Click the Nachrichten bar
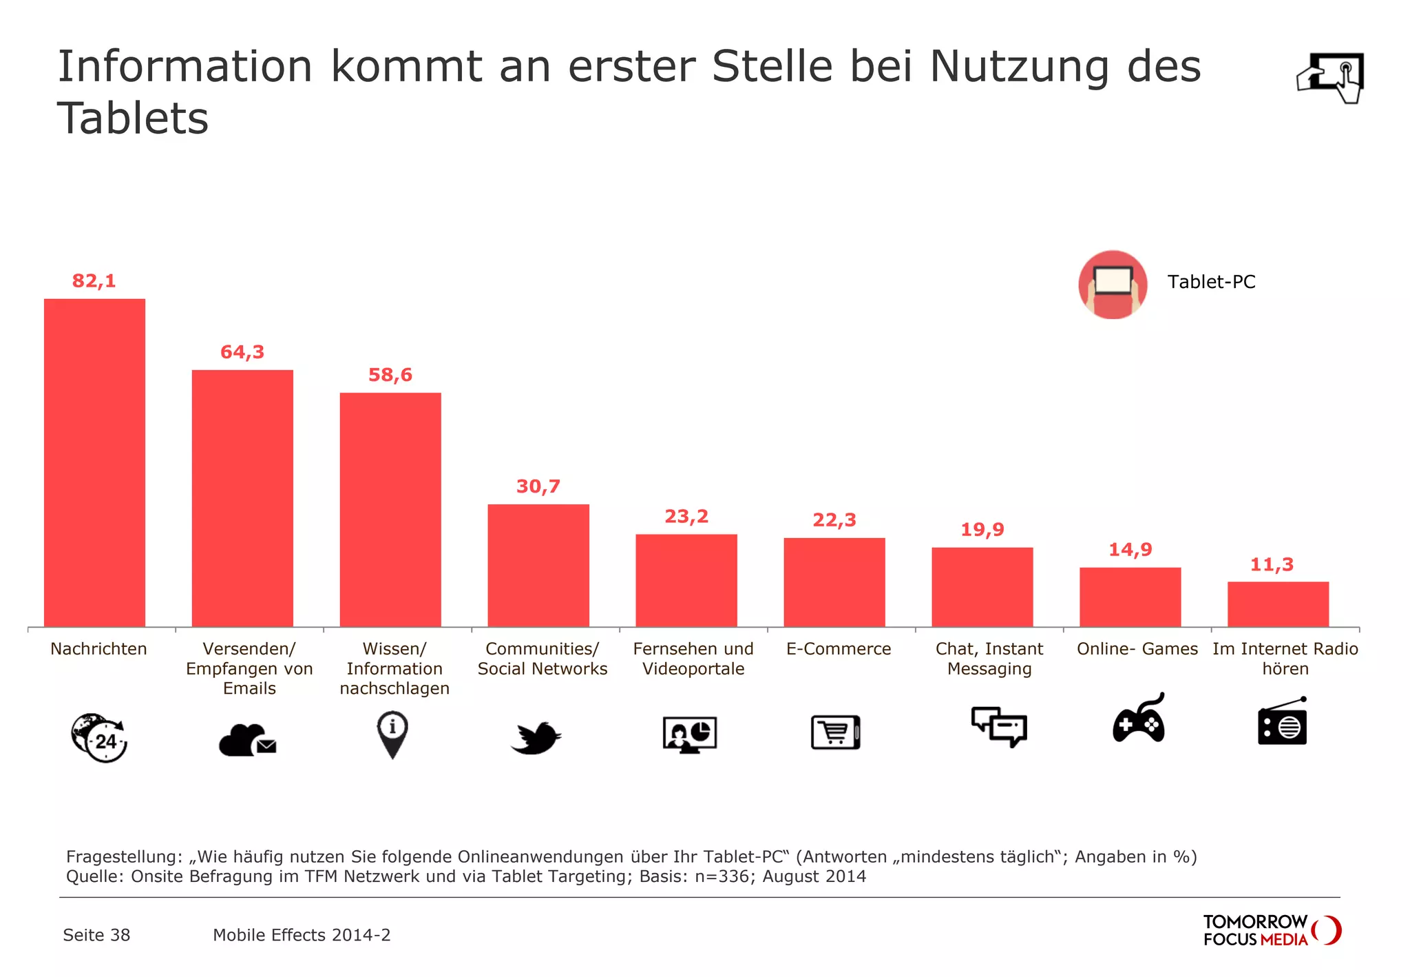pos(94,462)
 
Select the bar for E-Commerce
pos(834,582)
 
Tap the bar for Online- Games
pos(1130,597)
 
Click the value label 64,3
pos(242,352)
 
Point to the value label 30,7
pos(538,486)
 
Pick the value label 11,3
pos(1271,565)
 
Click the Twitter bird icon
pos(536,738)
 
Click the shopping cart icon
pos(835,732)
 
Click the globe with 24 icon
pos(99,737)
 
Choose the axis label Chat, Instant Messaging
pos(989,659)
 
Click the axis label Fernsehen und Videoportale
pos(693,659)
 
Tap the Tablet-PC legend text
pos(1211,282)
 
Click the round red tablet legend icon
pos(1113,284)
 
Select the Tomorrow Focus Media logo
pos(1271,930)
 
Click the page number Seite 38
pos(96,935)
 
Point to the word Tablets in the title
pos(133,119)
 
